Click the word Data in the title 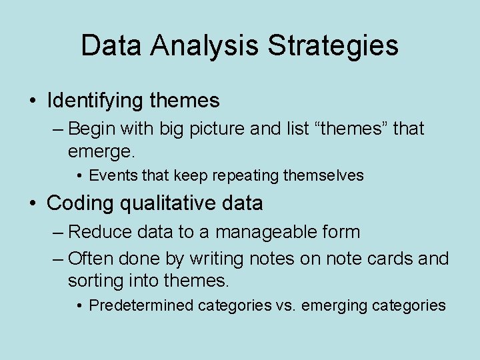tap(112, 46)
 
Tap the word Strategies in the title tap(333, 46)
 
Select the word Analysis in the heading tap(205, 46)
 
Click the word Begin tap(91, 129)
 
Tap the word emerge tap(101, 151)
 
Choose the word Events tap(111, 176)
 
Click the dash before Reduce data tap(58, 233)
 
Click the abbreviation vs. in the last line tap(285, 305)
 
